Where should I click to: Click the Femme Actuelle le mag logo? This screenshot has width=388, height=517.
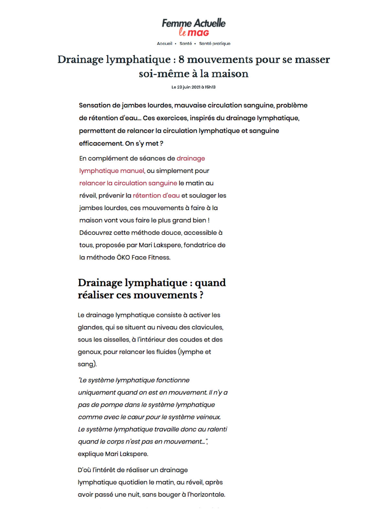point(194,27)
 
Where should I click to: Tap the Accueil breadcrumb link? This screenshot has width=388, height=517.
point(165,44)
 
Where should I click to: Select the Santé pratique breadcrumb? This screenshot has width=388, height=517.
point(215,44)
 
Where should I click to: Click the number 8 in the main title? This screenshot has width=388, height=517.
point(181,59)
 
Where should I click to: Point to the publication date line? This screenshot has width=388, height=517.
point(193,87)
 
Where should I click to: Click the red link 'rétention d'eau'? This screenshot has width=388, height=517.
point(156,195)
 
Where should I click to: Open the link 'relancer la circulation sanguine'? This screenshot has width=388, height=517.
point(128,183)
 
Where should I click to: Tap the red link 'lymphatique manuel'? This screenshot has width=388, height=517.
point(112,171)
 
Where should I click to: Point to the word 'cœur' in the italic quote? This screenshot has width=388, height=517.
point(135,417)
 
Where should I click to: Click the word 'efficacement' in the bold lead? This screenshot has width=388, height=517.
point(101,143)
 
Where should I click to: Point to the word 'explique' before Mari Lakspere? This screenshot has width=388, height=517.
point(91,454)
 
